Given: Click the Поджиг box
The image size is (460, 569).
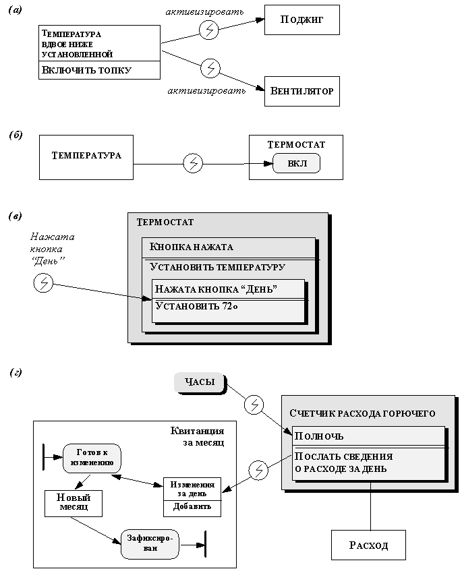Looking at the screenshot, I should click(x=301, y=20).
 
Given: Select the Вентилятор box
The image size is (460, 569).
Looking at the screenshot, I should click(x=301, y=91).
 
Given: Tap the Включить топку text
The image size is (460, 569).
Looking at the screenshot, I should click(x=86, y=70).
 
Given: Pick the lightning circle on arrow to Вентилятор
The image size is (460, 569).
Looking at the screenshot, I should click(x=211, y=67).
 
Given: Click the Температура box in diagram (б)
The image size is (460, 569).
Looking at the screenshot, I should click(x=86, y=156).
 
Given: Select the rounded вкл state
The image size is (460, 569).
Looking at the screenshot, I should click(x=297, y=164).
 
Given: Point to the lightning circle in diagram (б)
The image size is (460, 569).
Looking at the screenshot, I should click(x=193, y=163).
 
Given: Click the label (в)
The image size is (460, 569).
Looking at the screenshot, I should click(x=15, y=216).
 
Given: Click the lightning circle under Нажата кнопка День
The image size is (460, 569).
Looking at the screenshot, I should click(x=43, y=282).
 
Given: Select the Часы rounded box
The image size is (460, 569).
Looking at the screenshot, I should click(x=200, y=382).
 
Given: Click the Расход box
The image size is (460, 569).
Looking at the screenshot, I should click(x=368, y=545).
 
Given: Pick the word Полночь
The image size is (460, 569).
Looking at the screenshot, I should click(x=320, y=436).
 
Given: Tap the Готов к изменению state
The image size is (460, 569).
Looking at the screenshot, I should click(x=92, y=458).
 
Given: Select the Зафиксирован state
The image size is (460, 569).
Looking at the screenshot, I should click(x=150, y=543).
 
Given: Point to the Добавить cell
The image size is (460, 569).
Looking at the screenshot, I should click(x=192, y=507).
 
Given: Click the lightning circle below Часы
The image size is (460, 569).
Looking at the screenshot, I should click(x=253, y=405).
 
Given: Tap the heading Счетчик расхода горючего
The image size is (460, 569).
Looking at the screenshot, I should click(x=362, y=413).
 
